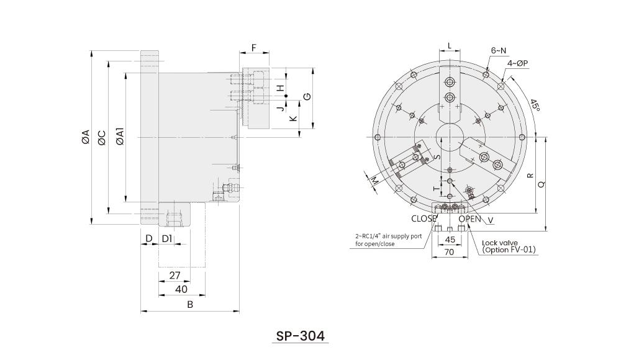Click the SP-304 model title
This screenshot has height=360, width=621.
point(301,336)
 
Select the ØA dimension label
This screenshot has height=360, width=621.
point(86,137)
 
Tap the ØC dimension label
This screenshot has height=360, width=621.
point(102,137)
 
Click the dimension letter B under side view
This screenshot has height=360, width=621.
point(191,304)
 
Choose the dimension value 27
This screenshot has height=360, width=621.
point(175,275)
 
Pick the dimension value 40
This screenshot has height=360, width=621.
point(181,289)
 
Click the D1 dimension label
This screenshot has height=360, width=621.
point(167,238)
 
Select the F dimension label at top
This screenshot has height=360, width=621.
point(254,48)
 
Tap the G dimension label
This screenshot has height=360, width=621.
point(307,97)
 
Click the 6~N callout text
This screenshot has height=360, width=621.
point(499,50)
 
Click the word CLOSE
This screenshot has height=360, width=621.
point(424,218)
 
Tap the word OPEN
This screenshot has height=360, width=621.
point(470,218)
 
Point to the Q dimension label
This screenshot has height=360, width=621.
point(542,184)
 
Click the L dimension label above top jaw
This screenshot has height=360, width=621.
point(450,46)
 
